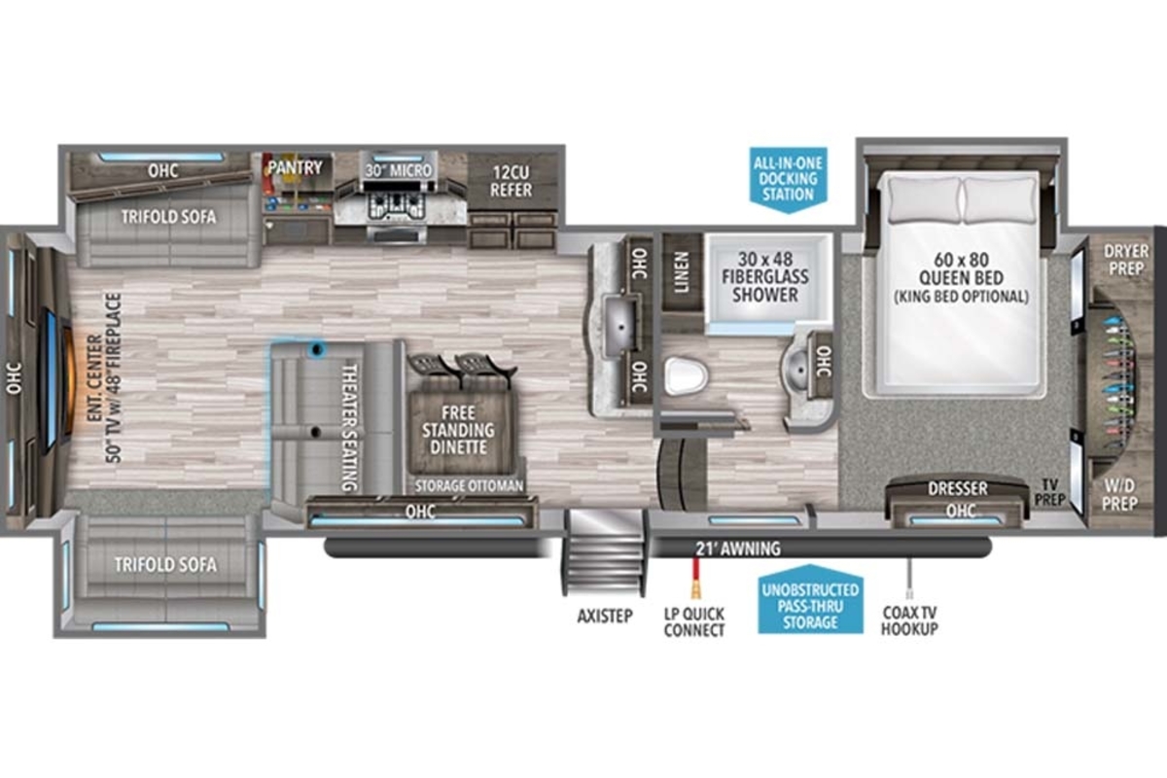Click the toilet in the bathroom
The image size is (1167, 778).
(687, 376)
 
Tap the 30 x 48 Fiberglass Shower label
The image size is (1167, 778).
(765, 277)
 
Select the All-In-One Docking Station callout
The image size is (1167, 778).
(789, 179)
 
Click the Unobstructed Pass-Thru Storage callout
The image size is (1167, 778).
(810, 600)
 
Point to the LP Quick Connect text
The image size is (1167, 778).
(694, 622)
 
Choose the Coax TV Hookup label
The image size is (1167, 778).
(909, 620)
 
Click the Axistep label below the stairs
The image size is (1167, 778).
(605, 617)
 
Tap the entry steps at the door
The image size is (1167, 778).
(604, 552)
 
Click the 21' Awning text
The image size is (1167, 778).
(738, 548)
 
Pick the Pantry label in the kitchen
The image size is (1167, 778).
(295, 168)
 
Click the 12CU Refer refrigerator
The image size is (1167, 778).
(513, 181)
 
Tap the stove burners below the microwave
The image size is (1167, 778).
(397, 205)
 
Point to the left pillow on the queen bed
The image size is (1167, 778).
(925, 199)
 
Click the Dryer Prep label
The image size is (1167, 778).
(1126, 260)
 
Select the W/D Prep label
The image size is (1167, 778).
(1119, 495)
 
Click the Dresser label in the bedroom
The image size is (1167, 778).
(958, 488)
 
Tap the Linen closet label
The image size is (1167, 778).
(682, 272)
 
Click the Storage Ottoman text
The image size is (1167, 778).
(469, 486)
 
